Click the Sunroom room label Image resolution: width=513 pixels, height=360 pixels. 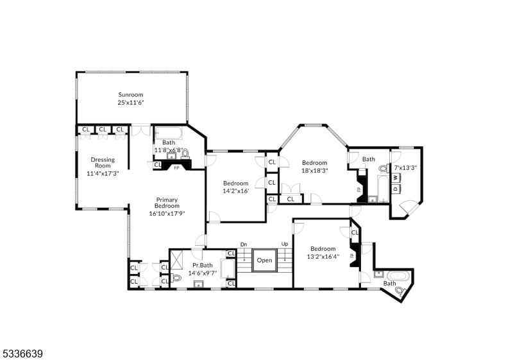coord(130,94)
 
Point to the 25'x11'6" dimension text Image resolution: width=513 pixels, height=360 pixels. coord(130,103)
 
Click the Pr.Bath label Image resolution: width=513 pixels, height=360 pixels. coord(202,265)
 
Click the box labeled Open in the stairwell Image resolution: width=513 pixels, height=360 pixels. coord(264,261)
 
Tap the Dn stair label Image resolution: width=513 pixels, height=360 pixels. coord(244,244)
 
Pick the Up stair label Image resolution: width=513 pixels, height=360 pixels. coord(284,244)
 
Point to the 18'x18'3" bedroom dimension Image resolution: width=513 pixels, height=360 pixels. coord(314,171)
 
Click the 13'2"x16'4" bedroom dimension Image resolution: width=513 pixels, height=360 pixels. coord(323,257)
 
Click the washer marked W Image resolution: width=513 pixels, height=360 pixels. coord(396,177)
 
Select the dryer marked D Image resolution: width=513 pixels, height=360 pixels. coord(396,188)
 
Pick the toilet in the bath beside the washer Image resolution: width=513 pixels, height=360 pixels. coord(383,169)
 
